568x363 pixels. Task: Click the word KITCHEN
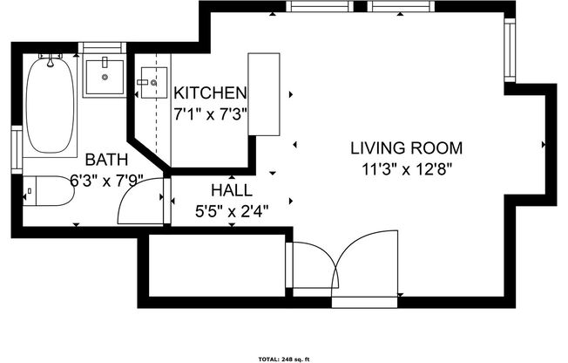coord(210,92)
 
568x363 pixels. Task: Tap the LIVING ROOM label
coord(407,147)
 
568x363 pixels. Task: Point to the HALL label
coord(231,189)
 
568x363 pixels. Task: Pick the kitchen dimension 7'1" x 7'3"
coord(212,113)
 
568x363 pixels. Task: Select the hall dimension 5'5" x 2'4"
coord(233,210)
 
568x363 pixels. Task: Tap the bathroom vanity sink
coord(105,77)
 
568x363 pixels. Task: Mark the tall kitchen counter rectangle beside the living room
coord(263,94)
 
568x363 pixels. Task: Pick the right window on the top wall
coord(401,6)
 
